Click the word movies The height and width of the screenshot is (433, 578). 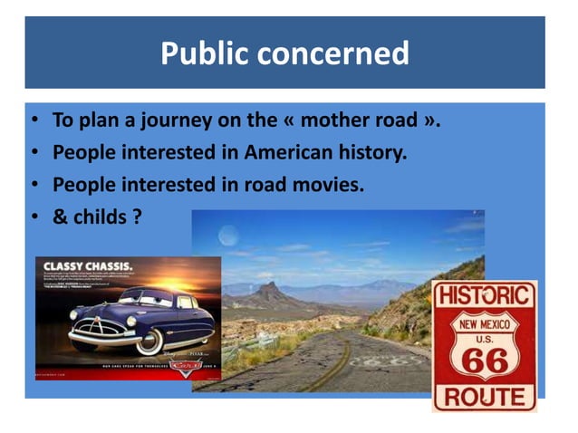326,185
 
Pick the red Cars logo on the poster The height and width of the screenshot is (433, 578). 186,367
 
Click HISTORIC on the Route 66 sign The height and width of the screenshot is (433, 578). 484,296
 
